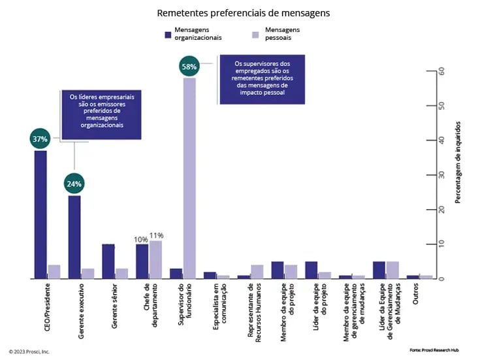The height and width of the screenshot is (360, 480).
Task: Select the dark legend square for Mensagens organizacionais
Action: click(x=168, y=33)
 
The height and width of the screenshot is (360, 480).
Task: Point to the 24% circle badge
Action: click(x=74, y=184)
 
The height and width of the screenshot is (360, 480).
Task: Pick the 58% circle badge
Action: click(x=189, y=66)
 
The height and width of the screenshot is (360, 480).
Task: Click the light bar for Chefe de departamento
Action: click(x=155, y=259)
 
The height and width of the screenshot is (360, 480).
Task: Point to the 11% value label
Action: click(x=157, y=235)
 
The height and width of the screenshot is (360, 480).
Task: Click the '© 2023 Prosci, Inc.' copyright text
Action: click(x=29, y=352)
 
